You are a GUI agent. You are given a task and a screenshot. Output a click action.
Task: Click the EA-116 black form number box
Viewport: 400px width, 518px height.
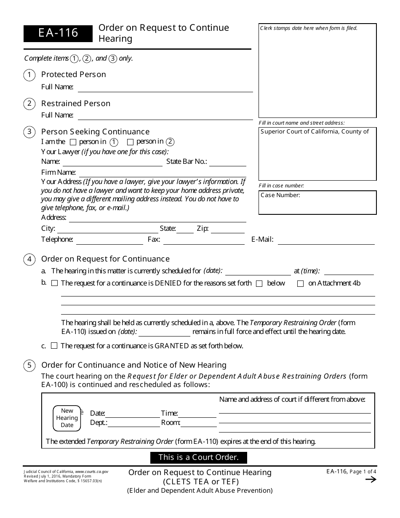(58, 33)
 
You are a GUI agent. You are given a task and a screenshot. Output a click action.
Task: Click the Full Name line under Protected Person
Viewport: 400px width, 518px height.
(165, 88)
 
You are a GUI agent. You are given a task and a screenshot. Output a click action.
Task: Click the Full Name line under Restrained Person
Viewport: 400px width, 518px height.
(165, 116)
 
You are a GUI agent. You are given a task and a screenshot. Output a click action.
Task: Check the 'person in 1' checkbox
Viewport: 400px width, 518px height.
(73, 142)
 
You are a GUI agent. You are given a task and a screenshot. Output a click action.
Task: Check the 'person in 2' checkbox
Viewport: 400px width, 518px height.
(130, 142)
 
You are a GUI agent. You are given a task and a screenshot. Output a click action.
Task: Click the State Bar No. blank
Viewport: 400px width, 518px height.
(227, 162)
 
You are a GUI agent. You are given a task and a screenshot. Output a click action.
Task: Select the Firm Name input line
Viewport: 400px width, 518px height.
(163, 173)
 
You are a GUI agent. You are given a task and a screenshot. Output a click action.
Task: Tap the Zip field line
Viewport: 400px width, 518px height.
(227, 230)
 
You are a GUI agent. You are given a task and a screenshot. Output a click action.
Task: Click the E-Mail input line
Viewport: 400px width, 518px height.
(326, 240)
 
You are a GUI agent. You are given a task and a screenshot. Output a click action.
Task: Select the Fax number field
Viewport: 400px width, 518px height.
(204, 240)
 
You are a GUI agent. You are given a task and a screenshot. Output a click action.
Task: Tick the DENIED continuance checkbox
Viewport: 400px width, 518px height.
(54, 283)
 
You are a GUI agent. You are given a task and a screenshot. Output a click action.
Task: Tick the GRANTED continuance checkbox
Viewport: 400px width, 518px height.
(54, 346)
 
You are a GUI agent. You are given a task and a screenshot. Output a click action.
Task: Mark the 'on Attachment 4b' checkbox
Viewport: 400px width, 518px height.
(300, 284)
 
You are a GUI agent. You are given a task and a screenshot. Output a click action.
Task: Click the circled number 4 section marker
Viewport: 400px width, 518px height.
(29, 259)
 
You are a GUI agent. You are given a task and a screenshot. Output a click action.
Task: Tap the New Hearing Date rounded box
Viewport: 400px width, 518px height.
(67, 418)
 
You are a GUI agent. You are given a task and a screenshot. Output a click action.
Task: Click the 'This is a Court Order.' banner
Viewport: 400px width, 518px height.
(198, 457)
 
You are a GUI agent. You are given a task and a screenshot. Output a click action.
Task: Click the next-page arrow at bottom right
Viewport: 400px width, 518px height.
(370, 480)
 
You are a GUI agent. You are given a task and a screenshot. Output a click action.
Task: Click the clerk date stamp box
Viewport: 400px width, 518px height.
(317, 71)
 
